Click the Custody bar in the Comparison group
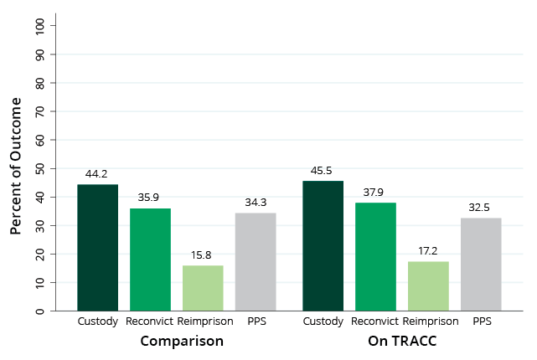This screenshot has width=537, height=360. click(x=98, y=248)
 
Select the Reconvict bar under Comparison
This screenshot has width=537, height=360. click(x=151, y=260)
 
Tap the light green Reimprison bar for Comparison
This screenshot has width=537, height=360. click(x=203, y=288)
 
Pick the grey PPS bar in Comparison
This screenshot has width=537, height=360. click(x=256, y=262)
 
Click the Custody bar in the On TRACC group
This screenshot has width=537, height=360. click(x=323, y=246)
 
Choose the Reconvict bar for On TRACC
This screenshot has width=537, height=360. click(x=376, y=257)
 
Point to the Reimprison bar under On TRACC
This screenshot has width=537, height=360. click(x=428, y=286)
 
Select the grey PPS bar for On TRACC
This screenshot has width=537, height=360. click(x=481, y=265)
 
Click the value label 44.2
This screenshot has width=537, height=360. click(x=97, y=175)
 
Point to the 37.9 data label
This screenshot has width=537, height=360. click(x=376, y=193)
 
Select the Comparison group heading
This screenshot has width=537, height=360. click(x=182, y=342)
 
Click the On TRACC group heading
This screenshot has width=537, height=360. click(x=402, y=342)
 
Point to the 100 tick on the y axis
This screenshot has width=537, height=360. click(x=40, y=25)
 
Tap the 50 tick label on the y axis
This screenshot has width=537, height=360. click(x=40, y=168)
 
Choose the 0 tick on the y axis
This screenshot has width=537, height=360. click(x=40, y=311)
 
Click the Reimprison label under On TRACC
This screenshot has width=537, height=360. click(x=431, y=321)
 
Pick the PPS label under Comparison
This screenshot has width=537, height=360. click(x=256, y=321)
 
